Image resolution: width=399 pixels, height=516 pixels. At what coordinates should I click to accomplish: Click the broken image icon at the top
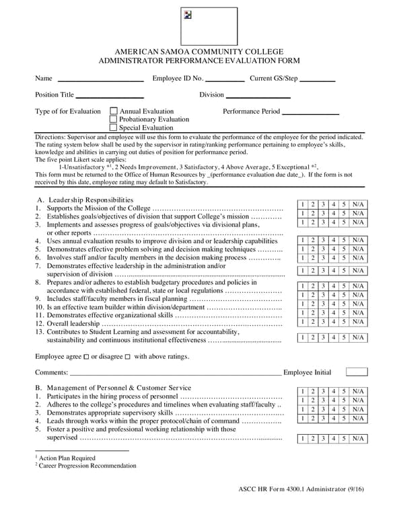(x=188, y=15)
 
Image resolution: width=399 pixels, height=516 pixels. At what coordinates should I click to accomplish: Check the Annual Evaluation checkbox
(x=113, y=112)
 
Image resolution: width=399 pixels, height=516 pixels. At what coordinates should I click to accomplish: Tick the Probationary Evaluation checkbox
(x=113, y=120)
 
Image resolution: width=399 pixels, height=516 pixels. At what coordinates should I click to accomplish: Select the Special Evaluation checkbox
(x=113, y=128)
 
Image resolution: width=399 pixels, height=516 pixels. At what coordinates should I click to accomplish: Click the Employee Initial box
(x=357, y=372)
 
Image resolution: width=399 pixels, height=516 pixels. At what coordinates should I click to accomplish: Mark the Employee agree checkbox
(x=86, y=357)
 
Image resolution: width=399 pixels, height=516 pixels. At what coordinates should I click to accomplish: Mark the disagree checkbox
(x=127, y=357)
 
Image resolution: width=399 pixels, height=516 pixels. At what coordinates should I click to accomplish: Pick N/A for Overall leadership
(x=358, y=322)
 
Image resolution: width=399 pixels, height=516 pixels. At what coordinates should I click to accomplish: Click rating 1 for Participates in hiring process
(x=303, y=392)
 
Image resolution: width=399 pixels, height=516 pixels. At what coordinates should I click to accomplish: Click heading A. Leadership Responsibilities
(x=85, y=200)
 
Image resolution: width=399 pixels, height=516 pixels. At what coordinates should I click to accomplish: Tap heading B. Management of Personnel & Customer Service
(x=113, y=388)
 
